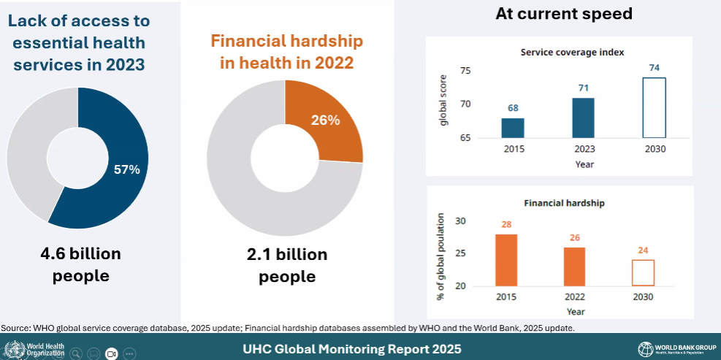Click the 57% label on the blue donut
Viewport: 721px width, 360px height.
click(x=126, y=169)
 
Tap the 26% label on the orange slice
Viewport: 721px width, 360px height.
click(x=325, y=120)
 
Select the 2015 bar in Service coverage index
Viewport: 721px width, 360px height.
click(x=513, y=128)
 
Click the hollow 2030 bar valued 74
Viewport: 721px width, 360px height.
click(x=654, y=108)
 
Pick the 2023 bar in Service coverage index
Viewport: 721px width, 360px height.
click(x=583, y=118)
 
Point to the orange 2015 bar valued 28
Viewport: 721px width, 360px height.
click(x=506, y=260)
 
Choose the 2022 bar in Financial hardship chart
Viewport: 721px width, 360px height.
click(x=575, y=267)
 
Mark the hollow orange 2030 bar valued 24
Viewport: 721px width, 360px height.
click(x=643, y=272)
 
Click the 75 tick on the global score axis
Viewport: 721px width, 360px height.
click(x=466, y=71)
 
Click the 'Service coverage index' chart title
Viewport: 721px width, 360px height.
click(x=572, y=52)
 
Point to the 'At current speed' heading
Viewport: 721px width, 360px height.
click(x=563, y=13)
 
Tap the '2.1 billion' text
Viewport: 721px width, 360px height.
click(x=286, y=255)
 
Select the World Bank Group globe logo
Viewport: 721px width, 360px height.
click(x=645, y=348)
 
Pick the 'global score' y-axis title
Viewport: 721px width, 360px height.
click(x=443, y=104)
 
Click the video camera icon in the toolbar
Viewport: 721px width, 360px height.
click(x=112, y=353)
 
